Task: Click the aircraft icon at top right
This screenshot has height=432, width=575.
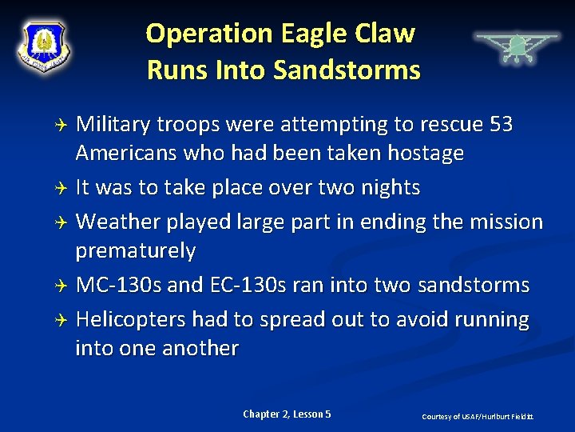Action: pos(516,45)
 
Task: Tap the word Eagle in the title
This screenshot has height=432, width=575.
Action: pos(311,34)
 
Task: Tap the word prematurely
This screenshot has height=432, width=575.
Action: pos(135,251)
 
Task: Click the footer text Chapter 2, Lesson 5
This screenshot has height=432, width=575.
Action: pos(287,414)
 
